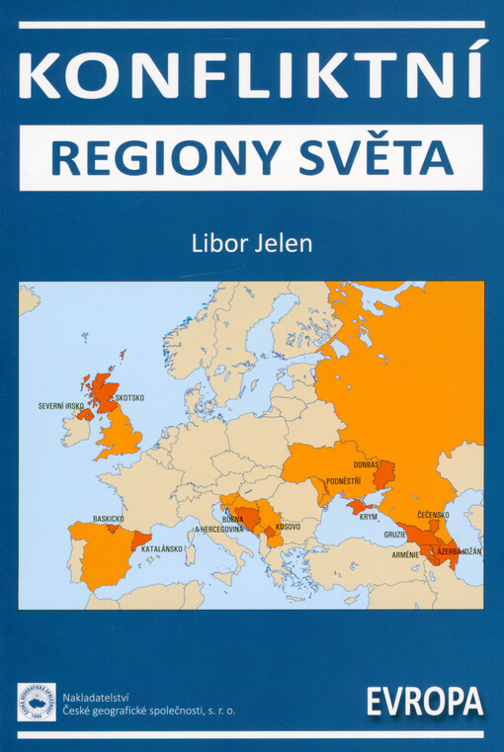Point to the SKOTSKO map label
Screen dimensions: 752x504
click(x=129, y=397)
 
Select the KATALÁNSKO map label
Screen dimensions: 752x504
click(x=162, y=548)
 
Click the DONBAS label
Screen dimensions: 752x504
click(x=367, y=464)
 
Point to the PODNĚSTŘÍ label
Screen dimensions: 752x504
click(x=343, y=480)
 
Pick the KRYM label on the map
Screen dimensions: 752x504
click(x=368, y=516)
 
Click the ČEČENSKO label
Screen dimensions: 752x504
click(x=433, y=515)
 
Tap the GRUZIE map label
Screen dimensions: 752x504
click(x=395, y=535)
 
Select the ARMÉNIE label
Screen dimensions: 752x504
click(x=406, y=553)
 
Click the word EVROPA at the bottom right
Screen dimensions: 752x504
click(x=424, y=703)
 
